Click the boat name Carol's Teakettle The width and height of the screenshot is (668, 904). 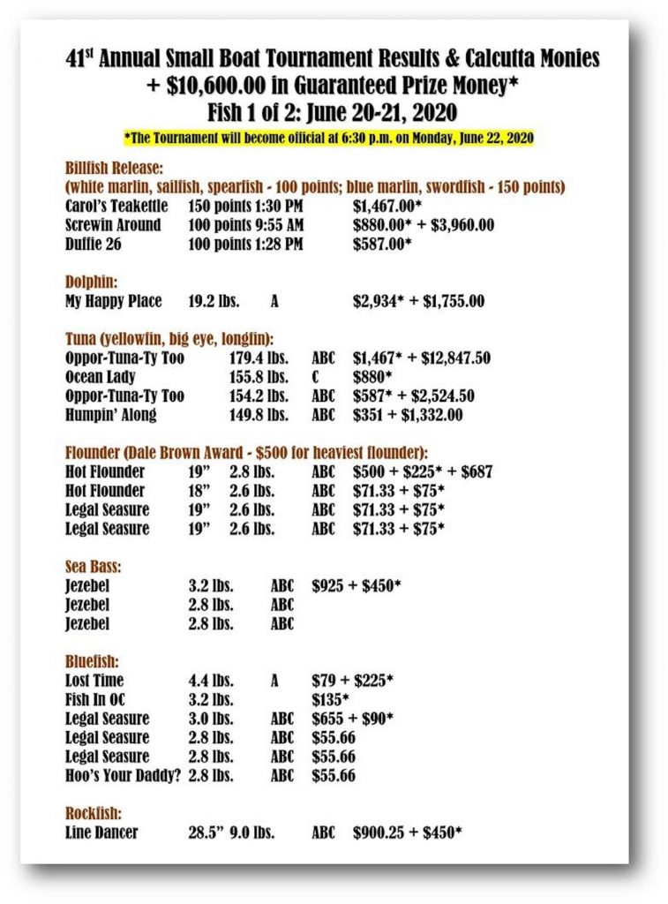coord(113,205)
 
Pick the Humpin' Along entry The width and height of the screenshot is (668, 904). coord(110,415)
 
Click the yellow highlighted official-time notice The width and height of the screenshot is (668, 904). coord(329,138)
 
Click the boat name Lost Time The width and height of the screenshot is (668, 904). coord(94,681)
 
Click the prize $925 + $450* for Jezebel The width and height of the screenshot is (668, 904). coord(357,586)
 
